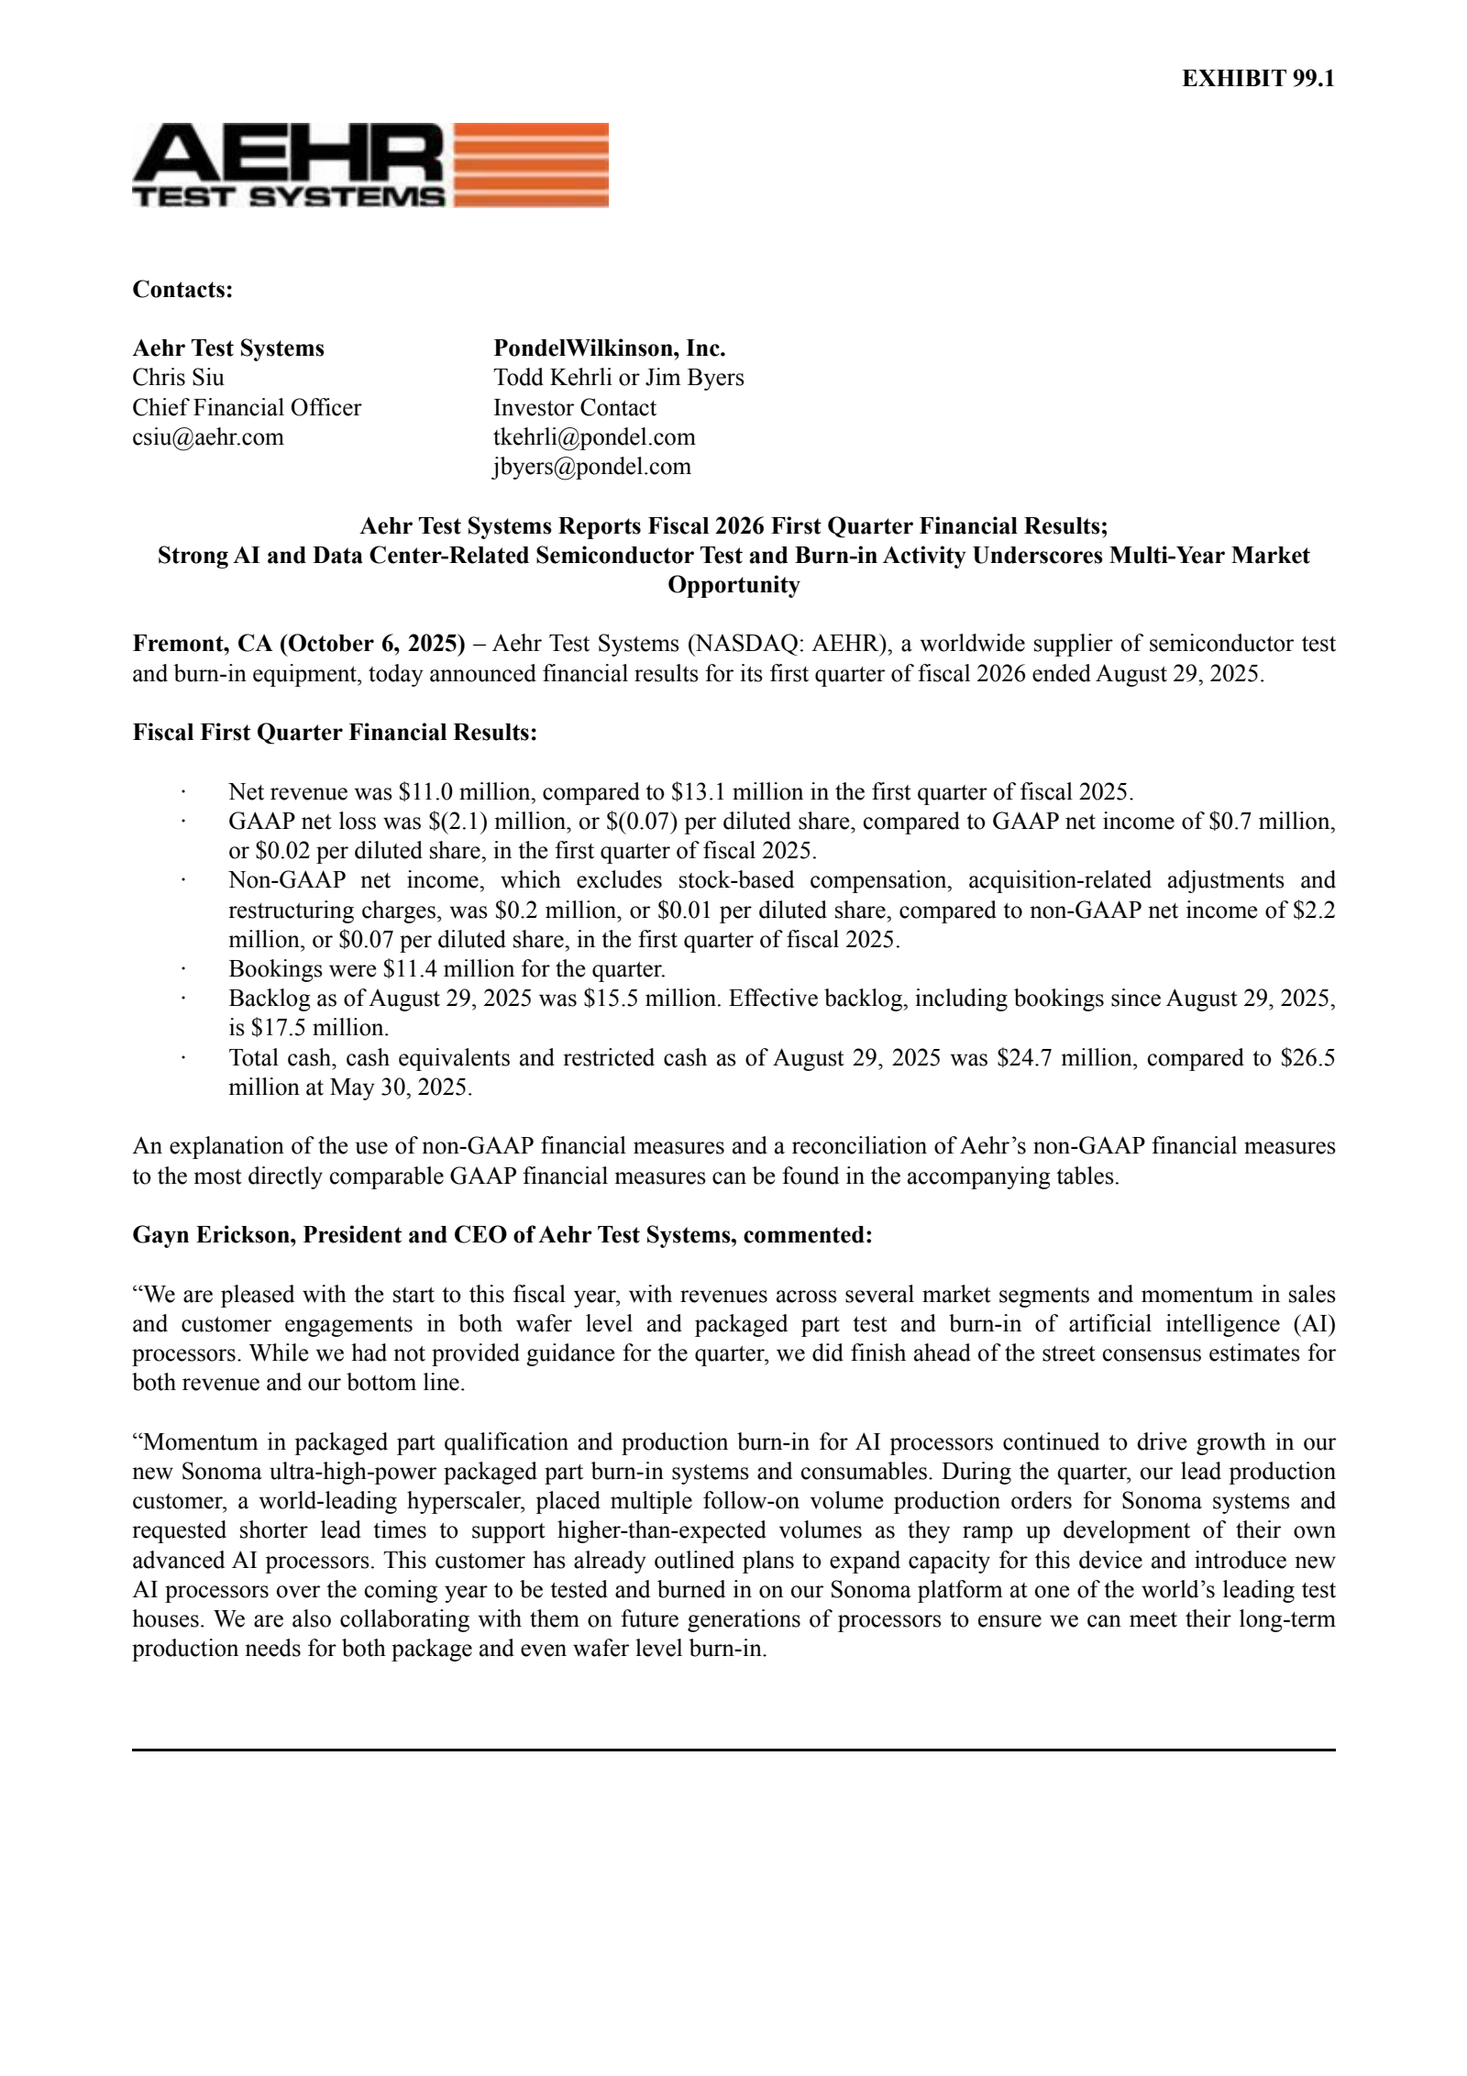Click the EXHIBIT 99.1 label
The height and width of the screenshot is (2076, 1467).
click(x=1257, y=79)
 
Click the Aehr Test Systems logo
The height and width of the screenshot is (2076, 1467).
click(x=370, y=165)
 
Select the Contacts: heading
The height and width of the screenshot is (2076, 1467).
click(x=182, y=290)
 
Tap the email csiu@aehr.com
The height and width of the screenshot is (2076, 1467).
click(x=208, y=437)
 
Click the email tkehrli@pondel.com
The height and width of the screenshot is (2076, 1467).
click(x=594, y=437)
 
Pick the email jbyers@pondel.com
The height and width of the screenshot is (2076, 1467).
click(x=591, y=467)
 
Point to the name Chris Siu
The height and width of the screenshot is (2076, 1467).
click(x=178, y=378)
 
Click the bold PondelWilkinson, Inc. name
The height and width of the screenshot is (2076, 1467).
click(x=609, y=348)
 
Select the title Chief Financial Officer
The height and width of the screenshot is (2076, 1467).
click(x=247, y=408)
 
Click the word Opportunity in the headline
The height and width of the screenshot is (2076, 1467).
click(x=733, y=585)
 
